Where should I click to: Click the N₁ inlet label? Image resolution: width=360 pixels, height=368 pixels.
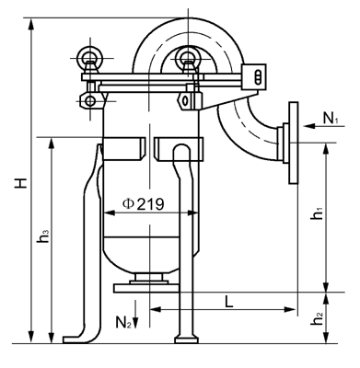coord(330,119)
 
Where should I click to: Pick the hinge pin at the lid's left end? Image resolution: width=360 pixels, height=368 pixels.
coord(90,97)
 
